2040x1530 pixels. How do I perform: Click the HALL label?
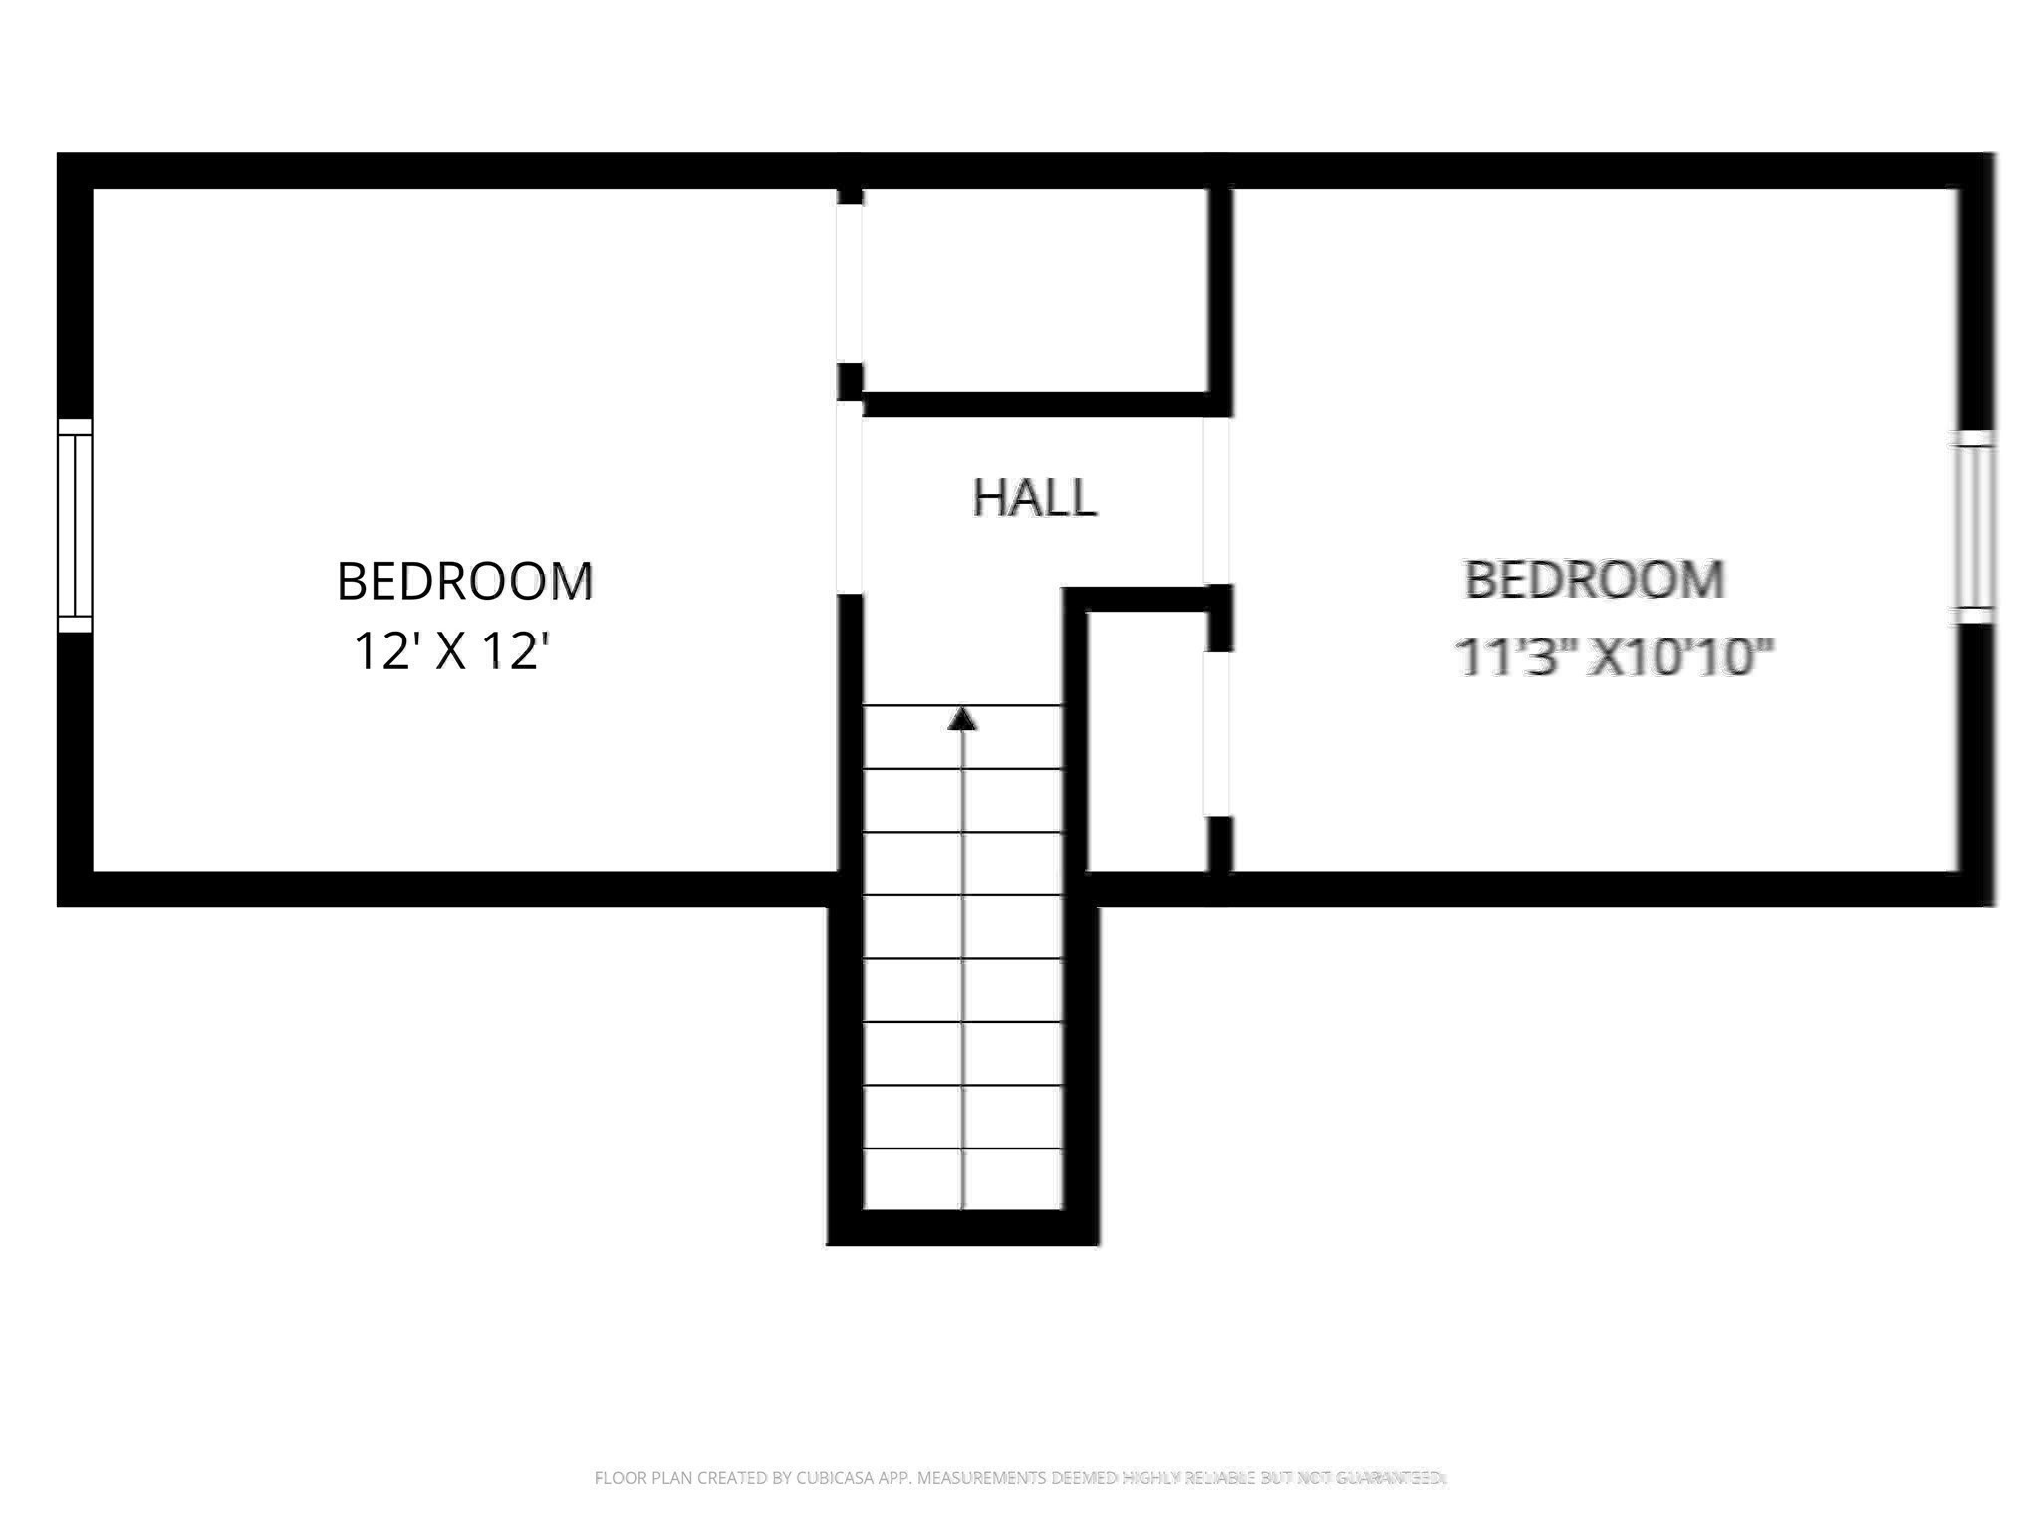click(x=1034, y=497)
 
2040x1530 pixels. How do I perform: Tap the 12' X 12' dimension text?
click(x=452, y=652)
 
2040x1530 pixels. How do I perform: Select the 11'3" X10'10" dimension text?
click(x=1614, y=657)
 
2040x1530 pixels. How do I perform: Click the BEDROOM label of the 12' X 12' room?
click(x=464, y=581)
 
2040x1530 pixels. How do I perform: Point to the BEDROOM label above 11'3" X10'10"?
click(x=1595, y=580)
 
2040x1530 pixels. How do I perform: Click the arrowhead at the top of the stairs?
click(x=961, y=719)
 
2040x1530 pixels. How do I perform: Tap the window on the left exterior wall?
click(x=75, y=525)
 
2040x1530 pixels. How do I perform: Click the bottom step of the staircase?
click(x=962, y=1179)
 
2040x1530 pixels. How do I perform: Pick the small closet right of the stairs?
click(x=1146, y=742)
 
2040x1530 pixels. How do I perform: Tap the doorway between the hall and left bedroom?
click(x=849, y=497)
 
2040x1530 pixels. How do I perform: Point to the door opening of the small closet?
click(x=1217, y=734)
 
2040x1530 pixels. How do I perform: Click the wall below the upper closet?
click(x=1036, y=404)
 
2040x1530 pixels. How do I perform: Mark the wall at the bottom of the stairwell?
click(x=962, y=1228)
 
